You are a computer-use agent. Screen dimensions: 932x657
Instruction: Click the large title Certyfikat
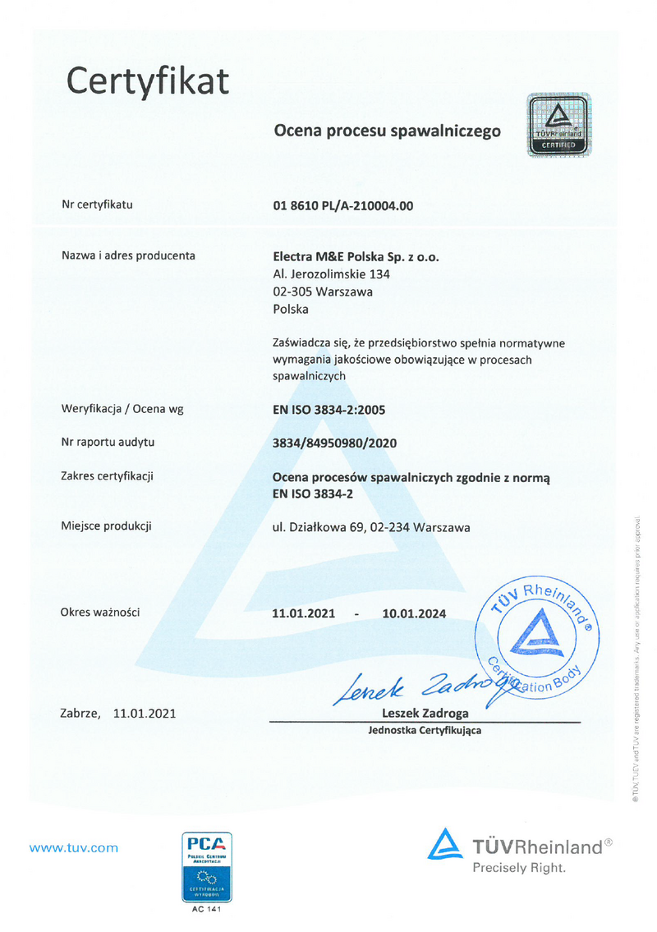pos(148,81)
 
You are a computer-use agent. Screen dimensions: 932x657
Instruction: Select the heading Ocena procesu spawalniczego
pos(387,130)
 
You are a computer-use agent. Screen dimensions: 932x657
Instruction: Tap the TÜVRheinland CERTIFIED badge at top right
pos(558,126)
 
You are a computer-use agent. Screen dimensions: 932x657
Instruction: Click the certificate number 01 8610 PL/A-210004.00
pos(342,205)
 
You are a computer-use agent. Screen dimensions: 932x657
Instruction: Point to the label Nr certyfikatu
pos(97,204)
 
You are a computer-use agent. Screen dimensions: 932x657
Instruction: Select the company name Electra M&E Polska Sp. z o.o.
pos(356,256)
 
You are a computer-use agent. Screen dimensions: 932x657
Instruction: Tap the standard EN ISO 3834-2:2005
pos(328,409)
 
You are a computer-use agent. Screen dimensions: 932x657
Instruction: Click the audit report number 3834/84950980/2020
pos(334,443)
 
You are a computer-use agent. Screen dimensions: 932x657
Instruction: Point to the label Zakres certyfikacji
pos(108,476)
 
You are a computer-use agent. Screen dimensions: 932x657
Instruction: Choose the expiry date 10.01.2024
pos(414,613)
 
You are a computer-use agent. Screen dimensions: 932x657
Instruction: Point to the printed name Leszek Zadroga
pos(425,713)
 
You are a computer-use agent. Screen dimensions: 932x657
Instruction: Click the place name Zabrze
pos(80,714)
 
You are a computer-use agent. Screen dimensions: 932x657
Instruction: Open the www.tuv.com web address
pos(74,848)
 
